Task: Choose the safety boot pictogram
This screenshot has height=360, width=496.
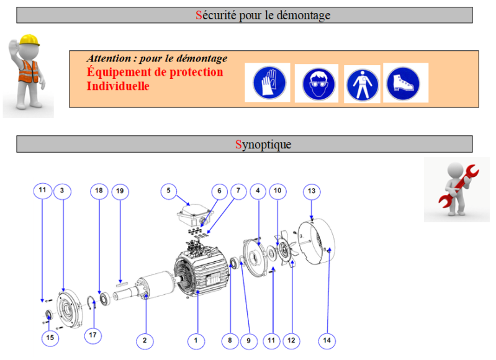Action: (x=405, y=83)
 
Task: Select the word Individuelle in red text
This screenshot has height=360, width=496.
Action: (x=118, y=87)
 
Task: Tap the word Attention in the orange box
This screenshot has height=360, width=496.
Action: (x=109, y=59)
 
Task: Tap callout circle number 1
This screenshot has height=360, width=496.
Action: (x=196, y=340)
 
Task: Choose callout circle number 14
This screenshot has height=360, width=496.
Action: (x=327, y=340)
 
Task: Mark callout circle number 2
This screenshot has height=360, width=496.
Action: (x=145, y=340)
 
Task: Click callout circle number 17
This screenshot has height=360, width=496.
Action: (x=92, y=336)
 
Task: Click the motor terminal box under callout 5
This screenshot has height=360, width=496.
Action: (x=193, y=217)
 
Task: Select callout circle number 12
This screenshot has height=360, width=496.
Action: (x=291, y=340)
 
